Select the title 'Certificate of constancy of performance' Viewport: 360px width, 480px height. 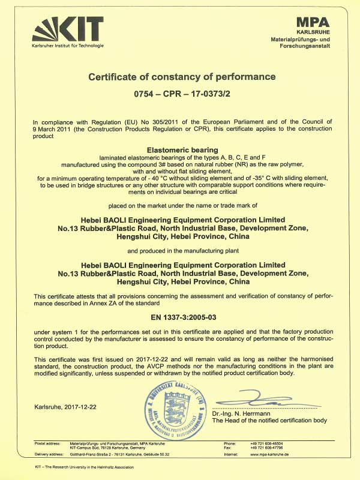(x=182, y=77)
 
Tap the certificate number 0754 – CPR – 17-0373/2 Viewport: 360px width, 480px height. (x=182, y=95)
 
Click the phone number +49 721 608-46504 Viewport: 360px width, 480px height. (x=267, y=443)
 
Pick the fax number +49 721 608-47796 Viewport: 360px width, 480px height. (x=267, y=448)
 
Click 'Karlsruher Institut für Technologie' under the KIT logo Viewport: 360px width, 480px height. (x=65, y=46)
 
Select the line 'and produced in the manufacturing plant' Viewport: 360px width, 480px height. (x=182, y=250)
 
